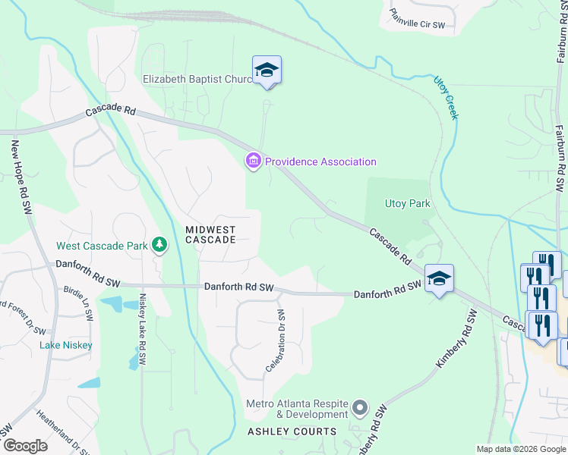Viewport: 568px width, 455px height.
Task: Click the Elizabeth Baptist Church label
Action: coord(197,79)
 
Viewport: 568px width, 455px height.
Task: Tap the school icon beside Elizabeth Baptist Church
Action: coord(267,71)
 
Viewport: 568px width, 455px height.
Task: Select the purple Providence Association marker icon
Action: coord(253,161)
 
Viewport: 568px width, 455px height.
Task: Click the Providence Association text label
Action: coord(320,162)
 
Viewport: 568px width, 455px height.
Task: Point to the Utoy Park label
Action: coord(408,203)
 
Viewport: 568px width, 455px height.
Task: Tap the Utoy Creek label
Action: coord(446,97)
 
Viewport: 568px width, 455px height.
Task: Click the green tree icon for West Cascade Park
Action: coord(159,244)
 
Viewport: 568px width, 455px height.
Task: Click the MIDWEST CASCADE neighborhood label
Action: coord(211,234)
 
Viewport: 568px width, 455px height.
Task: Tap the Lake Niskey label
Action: coord(66,346)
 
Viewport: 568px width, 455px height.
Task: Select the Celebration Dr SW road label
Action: coord(275,341)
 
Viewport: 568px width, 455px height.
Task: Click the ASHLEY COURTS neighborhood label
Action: coord(292,431)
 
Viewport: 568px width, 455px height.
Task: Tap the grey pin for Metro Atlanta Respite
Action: coord(361,409)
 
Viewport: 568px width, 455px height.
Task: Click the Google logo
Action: coord(25,446)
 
